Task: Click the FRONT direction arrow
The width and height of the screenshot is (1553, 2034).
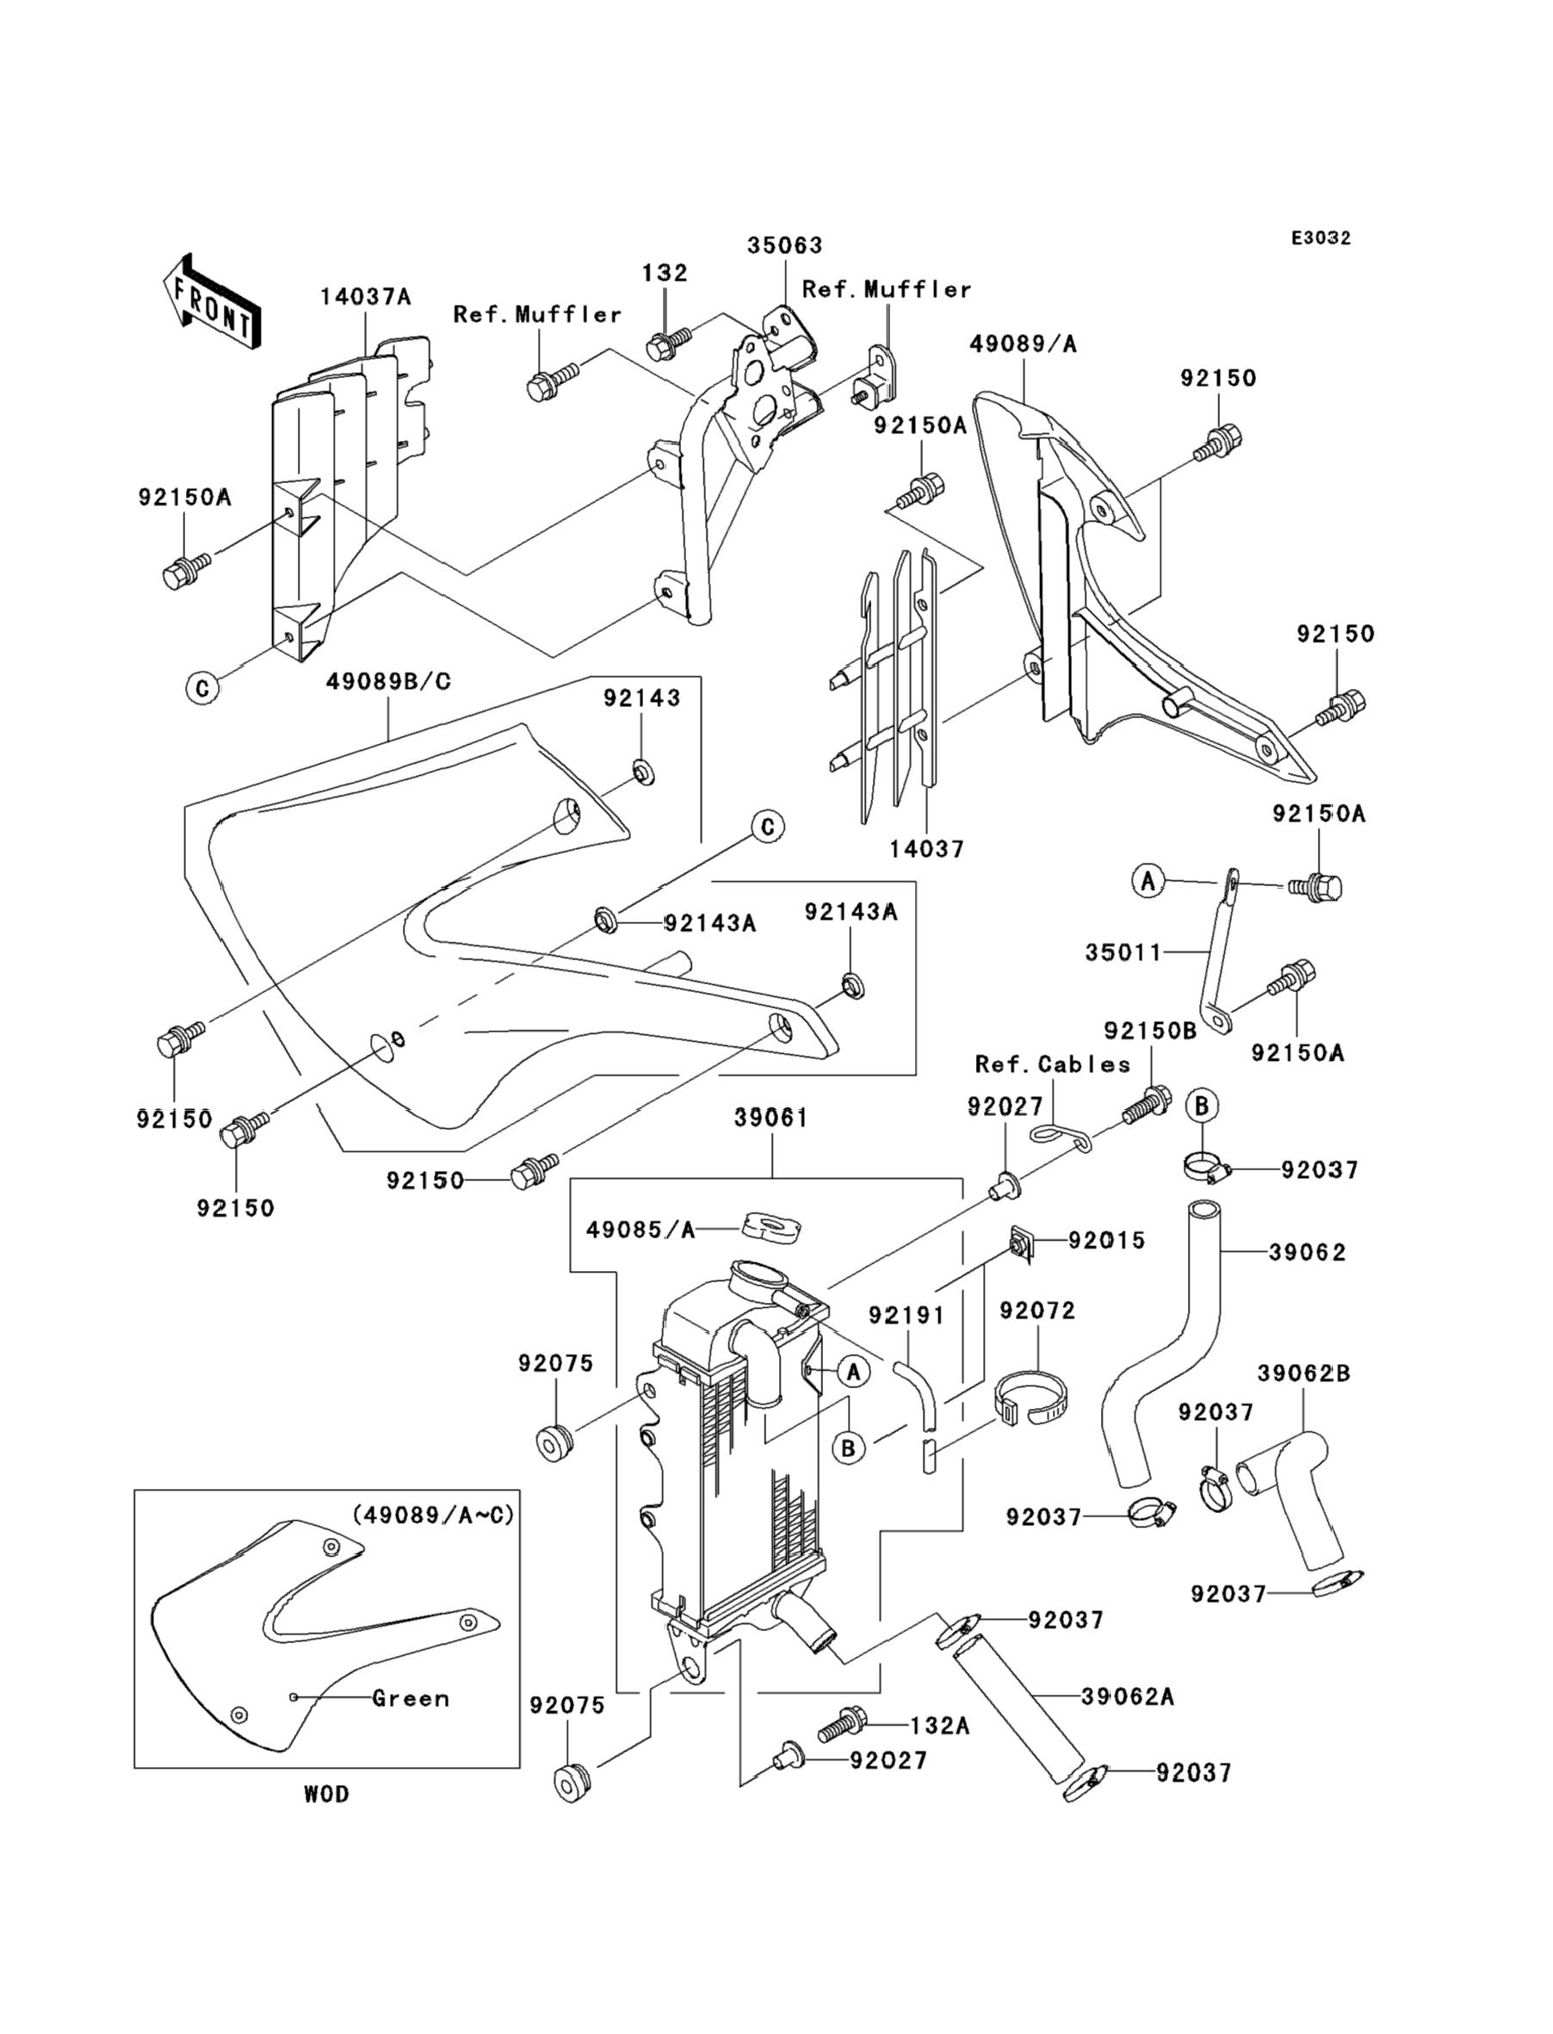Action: pos(211,302)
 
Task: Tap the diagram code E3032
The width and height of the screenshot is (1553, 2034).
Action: pos(1320,239)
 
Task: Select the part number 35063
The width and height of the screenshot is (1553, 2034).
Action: pos(784,245)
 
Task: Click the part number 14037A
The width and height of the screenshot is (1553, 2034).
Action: pos(365,297)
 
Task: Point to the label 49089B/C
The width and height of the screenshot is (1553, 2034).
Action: pos(388,681)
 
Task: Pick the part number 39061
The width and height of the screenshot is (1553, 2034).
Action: pos(771,1118)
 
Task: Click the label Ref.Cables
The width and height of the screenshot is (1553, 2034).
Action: pos(1052,1064)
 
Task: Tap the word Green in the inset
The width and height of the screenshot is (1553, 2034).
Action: pos(411,1698)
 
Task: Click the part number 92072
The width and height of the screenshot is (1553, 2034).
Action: pos(1037,1311)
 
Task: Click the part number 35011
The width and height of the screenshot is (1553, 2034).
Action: pos(1123,952)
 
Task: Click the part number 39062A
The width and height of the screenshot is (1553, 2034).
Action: pos(1128,1696)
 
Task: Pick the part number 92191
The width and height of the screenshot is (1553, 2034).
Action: pos(906,1315)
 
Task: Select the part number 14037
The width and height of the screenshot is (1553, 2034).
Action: pos(926,849)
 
